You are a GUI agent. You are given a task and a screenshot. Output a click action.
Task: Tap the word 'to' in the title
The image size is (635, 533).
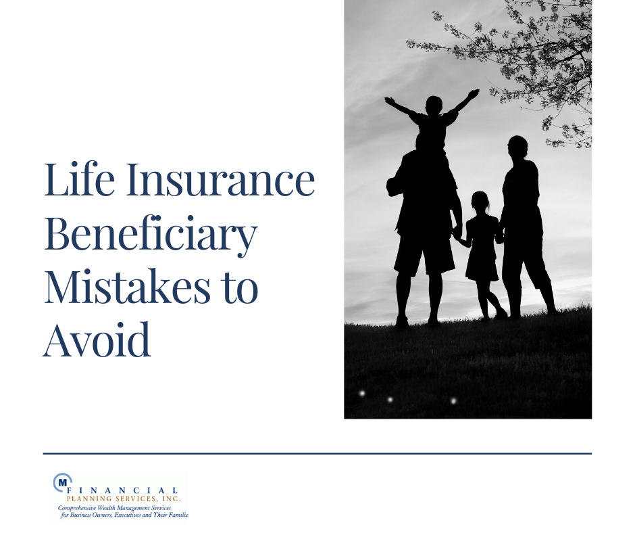[x=240, y=287]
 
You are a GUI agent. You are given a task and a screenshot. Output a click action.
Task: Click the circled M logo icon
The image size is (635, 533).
[x=62, y=482]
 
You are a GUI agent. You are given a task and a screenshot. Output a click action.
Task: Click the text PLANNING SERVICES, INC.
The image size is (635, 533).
[x=124, y=499]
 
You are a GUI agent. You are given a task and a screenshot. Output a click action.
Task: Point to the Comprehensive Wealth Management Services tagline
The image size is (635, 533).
[x=114, y=508]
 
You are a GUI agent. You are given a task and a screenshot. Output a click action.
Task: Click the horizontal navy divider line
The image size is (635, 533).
[x=317, y=453]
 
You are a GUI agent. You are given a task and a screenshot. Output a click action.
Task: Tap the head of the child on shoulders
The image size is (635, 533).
[x=434, y=106]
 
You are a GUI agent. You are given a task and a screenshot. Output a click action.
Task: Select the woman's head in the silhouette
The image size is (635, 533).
[x=518, y=147]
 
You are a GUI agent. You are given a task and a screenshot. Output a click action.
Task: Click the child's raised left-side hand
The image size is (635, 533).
[x=389, y=100]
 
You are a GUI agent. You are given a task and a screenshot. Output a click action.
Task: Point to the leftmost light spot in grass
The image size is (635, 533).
[x=363, y=393]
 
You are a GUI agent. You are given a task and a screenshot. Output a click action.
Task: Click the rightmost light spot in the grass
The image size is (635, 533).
[x=453, y=400]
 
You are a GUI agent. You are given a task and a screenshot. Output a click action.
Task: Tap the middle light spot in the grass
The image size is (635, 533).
[x=390, y=400]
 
